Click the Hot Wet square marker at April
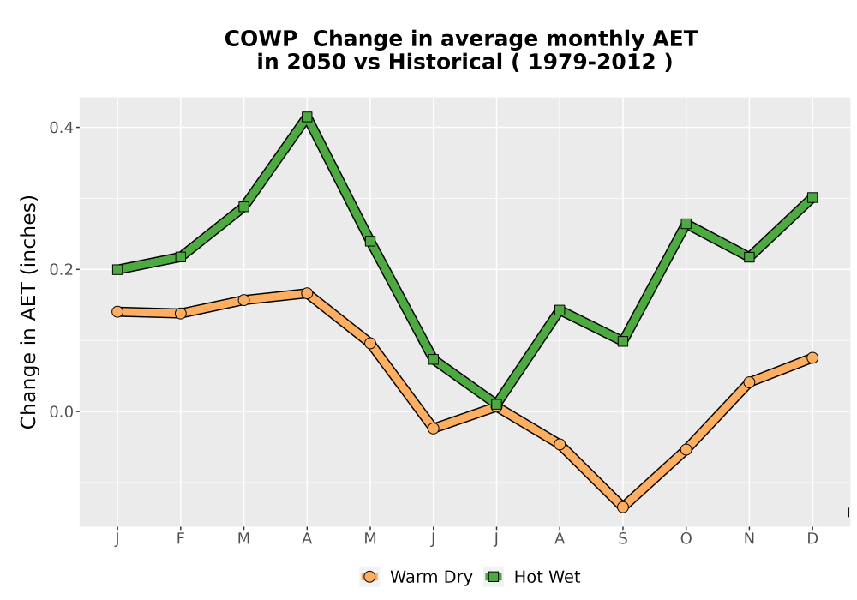[x=307, y=117]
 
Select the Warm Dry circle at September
[x=622, y=507]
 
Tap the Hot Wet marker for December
[x=812, y=198]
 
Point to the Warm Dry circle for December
[x=812, y=358]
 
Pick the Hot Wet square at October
[x=686, y=224]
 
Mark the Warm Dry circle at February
[x=180, y=313]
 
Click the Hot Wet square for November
[x=749, y=257]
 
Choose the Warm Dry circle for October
[x=686, y=450]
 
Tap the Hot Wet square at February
[x=180, y=257]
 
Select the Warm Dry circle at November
[x=749, y=382]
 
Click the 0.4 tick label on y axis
[x=61, y=128]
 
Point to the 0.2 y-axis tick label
[x=61, y=270]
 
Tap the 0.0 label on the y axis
[x=61, y=412]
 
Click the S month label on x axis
[x=622, y=539]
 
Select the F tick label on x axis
[x=180, y=539]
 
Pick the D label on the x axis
[x=812, y=539]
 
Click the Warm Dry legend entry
[x=417, y=577]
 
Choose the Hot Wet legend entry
[x=532, y=577]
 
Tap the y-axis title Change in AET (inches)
[x=28, y=312]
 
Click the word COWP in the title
[x=261, y=39]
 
